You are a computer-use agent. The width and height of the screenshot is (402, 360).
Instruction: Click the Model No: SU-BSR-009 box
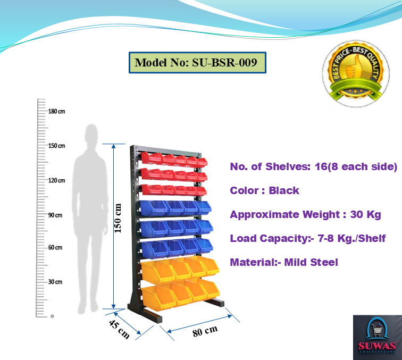point(197,62)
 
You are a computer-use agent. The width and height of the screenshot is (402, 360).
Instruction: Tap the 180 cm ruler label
point(56,112)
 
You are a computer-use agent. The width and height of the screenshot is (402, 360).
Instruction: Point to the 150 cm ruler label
point(56,146)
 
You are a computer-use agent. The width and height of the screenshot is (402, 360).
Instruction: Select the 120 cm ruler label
point(56,181)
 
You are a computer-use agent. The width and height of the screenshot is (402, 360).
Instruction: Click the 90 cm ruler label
point(55,215)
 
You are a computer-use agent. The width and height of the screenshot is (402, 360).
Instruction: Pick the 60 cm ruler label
point(55,248)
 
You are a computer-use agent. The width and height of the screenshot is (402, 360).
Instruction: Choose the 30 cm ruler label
point(55,282)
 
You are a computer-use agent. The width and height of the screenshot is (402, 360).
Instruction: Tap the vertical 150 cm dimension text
point(119,218)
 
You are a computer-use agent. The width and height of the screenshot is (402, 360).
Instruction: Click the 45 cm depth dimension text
point(119,329)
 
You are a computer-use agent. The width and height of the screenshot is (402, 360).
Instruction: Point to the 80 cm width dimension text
point(205,331)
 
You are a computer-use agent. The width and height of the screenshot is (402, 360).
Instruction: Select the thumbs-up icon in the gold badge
point(351,71)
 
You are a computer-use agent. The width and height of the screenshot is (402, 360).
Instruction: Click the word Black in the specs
point(284,190)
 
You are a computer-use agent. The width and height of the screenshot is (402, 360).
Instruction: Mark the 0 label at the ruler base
point(52,316)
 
